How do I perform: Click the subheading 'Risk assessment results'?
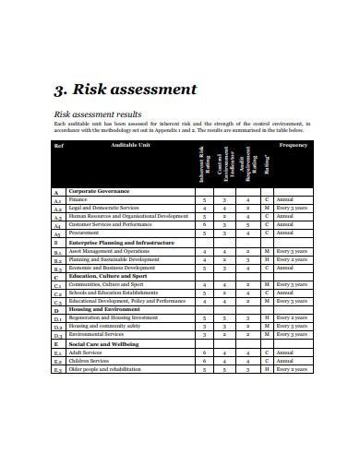pos(97,113)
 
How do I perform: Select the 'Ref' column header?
pos(59,146)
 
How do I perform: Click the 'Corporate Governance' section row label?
pos(101,191)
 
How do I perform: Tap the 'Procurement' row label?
pos(85,233)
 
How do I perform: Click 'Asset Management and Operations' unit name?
pos(109,251)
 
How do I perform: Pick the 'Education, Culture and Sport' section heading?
pos(107,276)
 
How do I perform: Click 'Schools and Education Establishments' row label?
pos(114,293)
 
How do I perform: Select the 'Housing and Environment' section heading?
pos(102,310)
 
